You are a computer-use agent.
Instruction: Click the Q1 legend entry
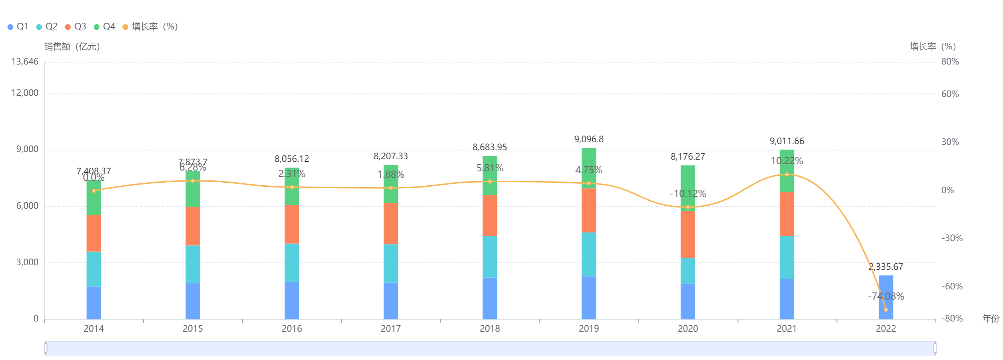(18, 26)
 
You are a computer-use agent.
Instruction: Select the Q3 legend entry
(75, 26)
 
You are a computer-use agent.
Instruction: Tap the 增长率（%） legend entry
(150, 26)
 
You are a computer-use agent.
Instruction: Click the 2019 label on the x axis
(589, 328)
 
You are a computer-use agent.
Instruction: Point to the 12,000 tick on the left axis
(25, 93)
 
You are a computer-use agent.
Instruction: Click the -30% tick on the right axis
(952, 238)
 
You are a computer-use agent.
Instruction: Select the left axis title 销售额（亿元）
(72, 47)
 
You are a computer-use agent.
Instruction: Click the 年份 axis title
(990, 318)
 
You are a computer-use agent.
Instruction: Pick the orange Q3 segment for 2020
(688, 234)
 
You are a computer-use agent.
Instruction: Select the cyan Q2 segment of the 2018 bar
(490, 257)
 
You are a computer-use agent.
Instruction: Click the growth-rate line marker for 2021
(787, 174)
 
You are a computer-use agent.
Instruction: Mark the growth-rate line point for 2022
(886, 310)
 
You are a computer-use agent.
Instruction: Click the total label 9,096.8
(589, 139)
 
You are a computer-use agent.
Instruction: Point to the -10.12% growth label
(688, 194)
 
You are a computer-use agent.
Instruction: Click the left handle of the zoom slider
(46, 348)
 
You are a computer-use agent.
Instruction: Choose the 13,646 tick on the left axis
(25, 62)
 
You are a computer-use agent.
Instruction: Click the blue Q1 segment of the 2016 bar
(292, 300)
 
